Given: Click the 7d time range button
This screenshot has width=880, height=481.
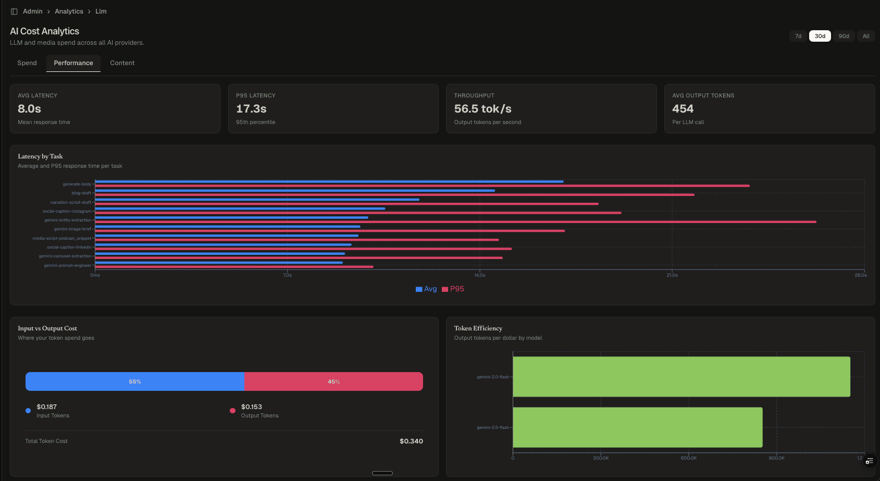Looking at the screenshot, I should (x=798, y=36).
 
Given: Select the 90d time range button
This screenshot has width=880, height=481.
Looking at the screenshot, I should (x=844, y=36).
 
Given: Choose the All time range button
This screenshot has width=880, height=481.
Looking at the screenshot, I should (x=865, y=36).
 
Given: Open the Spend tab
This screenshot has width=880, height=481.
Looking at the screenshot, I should (x=27, y=63).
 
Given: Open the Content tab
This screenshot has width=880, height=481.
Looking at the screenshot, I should (x=122, y=63).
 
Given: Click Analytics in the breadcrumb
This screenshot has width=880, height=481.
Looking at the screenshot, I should (x=69, y=11).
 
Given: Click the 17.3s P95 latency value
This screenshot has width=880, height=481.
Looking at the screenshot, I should (x=251, y=109).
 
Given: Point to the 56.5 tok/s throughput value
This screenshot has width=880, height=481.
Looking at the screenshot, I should (x=482, y=109).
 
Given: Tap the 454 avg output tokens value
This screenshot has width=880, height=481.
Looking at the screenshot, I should (x=683, y=109).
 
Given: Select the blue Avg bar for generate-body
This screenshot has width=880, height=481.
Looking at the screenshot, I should (x=329, y=182).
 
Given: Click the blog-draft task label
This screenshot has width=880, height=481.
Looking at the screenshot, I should (x=81, y=193).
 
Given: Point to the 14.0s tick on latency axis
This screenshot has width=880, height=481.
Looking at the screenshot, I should (x=479, y=275).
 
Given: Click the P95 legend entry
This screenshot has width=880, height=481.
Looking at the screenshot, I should (x=453, y=289).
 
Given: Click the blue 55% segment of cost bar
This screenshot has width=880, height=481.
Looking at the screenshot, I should (x=135, y=381).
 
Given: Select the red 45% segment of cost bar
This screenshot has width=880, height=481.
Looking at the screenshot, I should (x=333, y=381).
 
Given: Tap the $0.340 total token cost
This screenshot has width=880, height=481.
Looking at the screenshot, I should (x=411, y=441).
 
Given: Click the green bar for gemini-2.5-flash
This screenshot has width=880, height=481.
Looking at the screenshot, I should (x=637, y=427).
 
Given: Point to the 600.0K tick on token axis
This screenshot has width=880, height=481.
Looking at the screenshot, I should (x=688, y=458).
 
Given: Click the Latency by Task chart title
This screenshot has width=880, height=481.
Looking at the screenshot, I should (x=40, y=156).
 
